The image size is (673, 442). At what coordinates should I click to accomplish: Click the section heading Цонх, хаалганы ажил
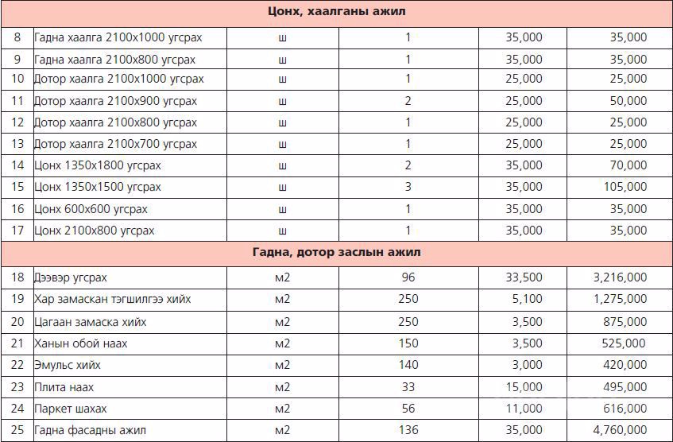tap(335, 12)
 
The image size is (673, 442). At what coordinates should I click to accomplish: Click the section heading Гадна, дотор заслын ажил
tap(335, 252)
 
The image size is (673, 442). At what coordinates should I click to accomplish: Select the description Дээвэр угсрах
tap(71, 277)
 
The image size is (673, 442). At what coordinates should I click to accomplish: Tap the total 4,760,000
tap(620, 430)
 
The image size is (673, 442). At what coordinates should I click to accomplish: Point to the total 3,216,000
tap(620, 277)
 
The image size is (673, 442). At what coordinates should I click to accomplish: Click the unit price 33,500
tap(524, 277)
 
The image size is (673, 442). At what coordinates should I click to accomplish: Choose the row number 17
tap(17, 231)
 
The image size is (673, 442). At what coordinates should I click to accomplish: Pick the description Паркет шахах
tap(71, 409)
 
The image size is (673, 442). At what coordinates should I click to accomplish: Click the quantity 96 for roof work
tap(408, 277)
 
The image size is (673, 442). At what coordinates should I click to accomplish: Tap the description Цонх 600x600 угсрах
tap(91, 209)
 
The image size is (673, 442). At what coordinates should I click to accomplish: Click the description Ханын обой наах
tap(81, 343)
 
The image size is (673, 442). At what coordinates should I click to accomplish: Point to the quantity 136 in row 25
tap(408, 430)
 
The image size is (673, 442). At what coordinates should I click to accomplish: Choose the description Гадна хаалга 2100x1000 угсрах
tap(119, 37)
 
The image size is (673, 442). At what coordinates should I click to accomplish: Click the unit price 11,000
tap(524, 409)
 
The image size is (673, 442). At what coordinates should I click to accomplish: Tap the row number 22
tap(17, 365)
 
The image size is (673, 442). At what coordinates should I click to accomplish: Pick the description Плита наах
tap(64, 387)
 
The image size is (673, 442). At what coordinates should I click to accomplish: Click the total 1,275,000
tap(620, 300)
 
